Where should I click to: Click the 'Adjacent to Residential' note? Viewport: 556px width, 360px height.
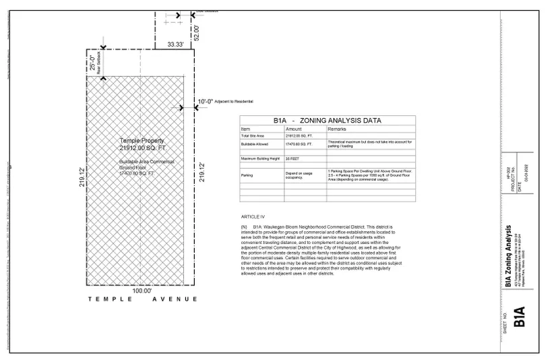(x=235, y=101)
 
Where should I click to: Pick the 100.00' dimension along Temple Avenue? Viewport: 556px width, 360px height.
(x=142, y=291)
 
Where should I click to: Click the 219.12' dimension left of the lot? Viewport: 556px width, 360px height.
(x=82, y=179)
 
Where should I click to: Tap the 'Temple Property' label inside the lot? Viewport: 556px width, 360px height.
(x=142, y=140)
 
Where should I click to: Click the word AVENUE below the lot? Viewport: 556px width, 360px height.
(x=175, y=299)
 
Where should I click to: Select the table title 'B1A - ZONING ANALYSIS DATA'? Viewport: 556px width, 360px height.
(x=327, y=121)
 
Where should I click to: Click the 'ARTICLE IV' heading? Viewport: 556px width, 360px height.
(x=252, y=217)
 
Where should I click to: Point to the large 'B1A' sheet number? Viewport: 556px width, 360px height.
(x=518, y=317)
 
